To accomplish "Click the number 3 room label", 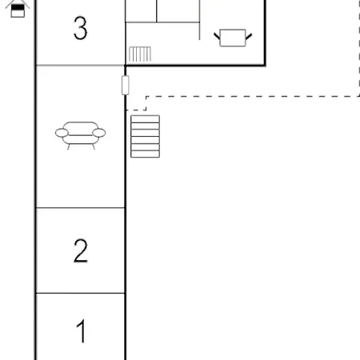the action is (80, 28).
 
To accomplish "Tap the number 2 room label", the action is (81, 250).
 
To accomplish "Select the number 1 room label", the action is (82, 331).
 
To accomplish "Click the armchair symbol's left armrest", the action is (62, 133).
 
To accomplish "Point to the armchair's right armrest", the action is (99, 133).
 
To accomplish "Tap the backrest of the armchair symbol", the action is (81, 126).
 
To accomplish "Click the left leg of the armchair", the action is (69, 146).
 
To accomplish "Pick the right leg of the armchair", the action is (94, 146).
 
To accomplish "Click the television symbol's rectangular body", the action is (233, 38).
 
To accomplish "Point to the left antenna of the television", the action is (217, 36).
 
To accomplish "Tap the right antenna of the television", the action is (249, 37).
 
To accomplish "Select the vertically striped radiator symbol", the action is (140, 54).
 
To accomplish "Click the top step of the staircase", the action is (145, 119).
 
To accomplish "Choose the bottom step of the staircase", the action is (145, 154).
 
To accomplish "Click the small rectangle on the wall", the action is (126, 85).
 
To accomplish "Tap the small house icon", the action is (18, 9).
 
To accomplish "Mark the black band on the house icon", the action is (18, 7).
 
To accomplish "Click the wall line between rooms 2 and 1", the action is (80, 293).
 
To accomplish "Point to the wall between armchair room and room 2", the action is (80, 207).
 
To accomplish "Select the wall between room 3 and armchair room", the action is (80, 65).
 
